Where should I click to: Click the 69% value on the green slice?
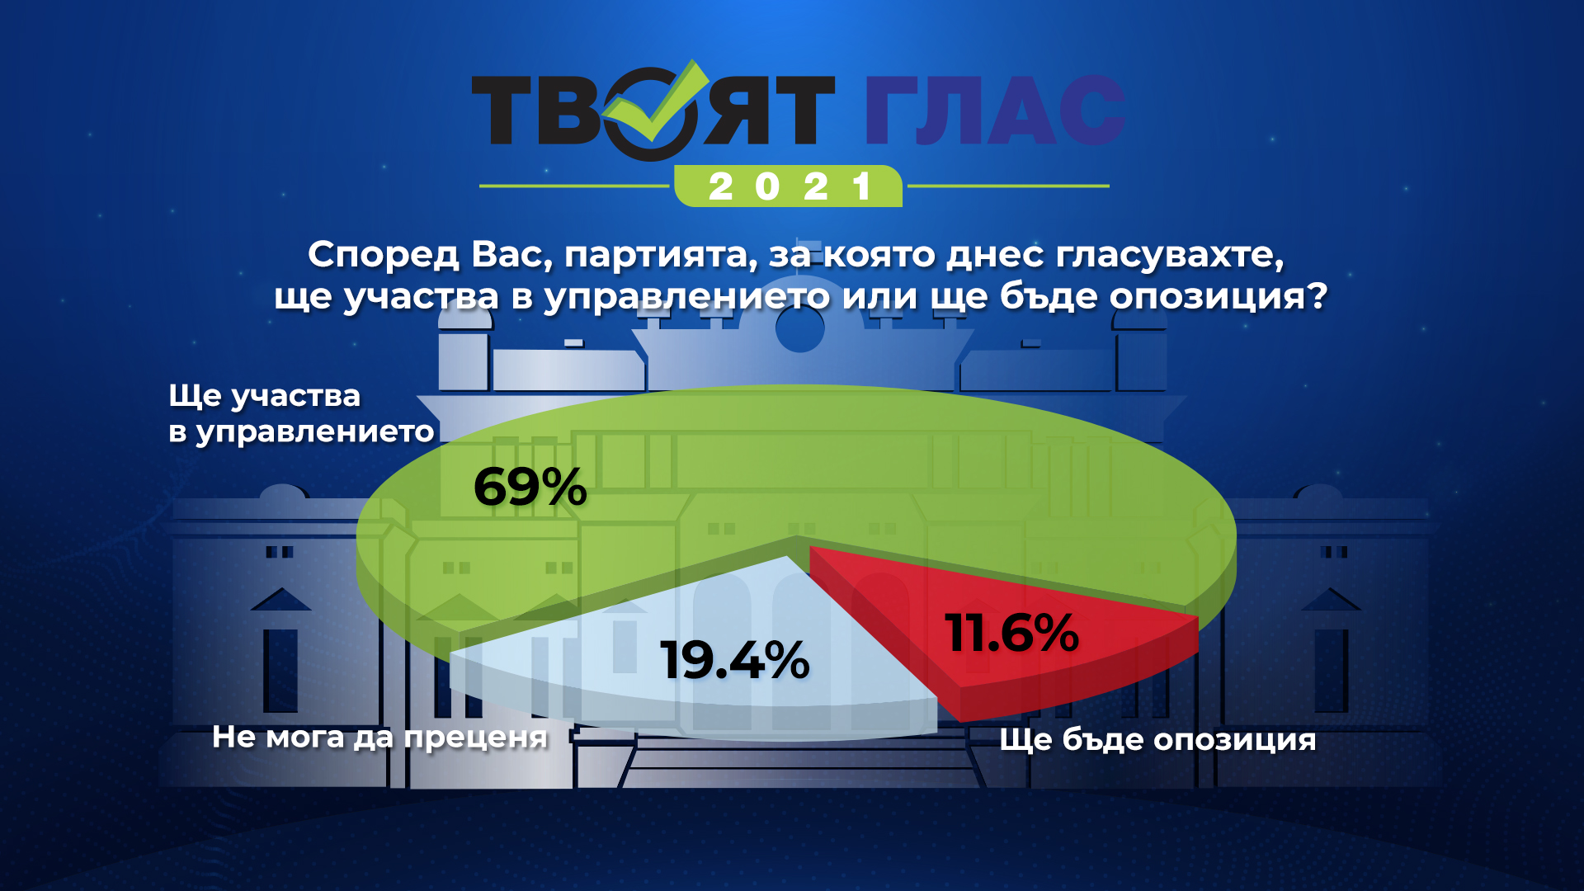coord(530,487)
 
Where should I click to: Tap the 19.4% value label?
coord(735,660)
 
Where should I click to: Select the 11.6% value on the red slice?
coord(1012,633)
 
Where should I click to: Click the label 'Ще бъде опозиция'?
coord(1157,739)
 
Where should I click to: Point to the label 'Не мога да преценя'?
coord(379,737)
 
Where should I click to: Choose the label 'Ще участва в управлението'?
coord(301,413)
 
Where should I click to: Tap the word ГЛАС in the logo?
coord(996,111)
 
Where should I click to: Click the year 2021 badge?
coord(789,186)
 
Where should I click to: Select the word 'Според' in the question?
coord(383,255)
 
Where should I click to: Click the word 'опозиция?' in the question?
coord(1219,296)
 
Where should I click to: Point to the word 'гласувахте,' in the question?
coord(1170,256)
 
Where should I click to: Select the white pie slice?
coord(701,652)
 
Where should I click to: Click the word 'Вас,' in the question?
coord(511,256)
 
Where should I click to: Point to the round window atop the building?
coord(799,328)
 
